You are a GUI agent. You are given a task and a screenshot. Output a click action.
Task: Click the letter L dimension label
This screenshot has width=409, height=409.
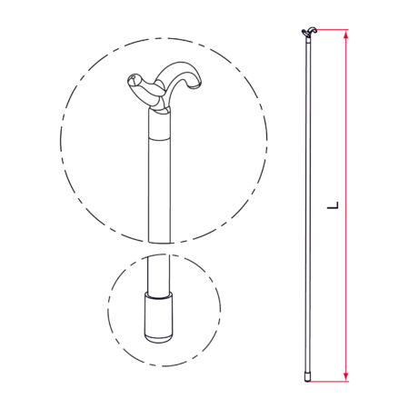[x=333, y=204]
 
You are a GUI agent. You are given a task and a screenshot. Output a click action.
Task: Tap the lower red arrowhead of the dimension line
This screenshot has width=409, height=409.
[x=346, y=376]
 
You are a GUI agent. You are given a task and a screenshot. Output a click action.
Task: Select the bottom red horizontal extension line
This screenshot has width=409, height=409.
[x=330, y=381]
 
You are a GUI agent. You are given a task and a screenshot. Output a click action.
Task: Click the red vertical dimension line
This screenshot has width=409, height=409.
[x=346, y=205]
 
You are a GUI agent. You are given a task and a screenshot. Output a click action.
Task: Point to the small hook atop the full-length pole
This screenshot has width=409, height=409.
[x=309, y=32]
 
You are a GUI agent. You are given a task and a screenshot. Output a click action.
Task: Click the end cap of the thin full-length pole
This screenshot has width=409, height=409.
[x=307, y=377]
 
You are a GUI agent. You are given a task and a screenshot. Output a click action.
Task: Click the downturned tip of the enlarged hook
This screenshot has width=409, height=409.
[x=195, y=85]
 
